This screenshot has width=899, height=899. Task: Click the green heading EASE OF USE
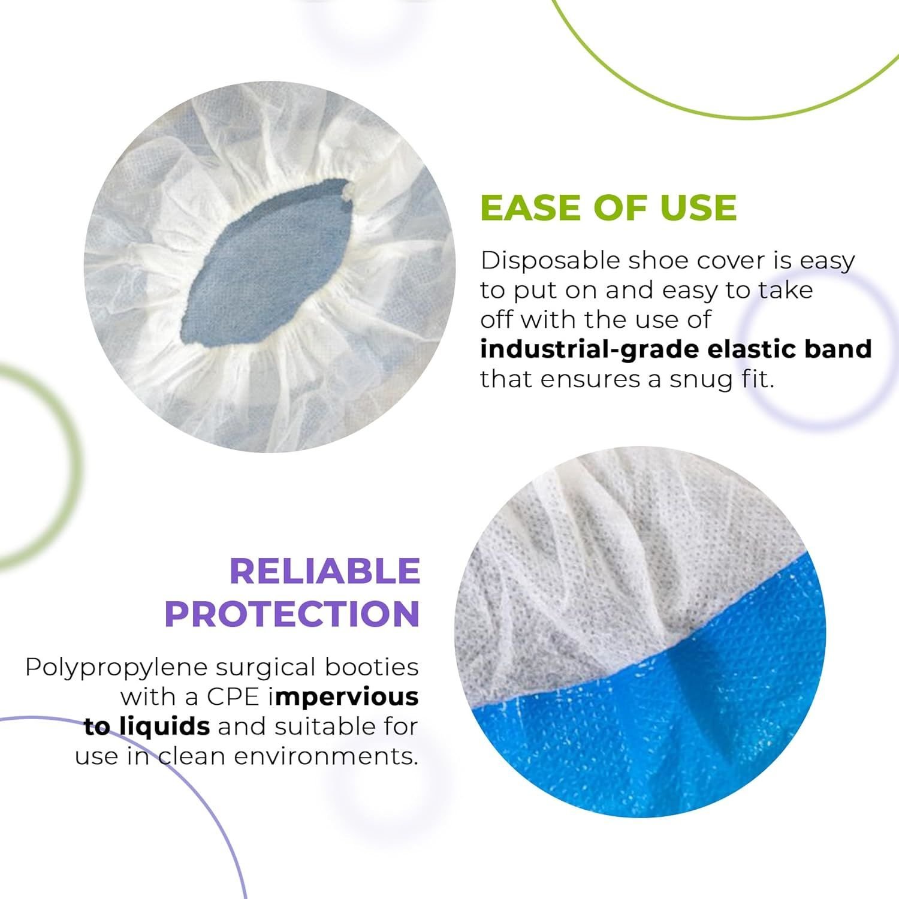pos(608,207)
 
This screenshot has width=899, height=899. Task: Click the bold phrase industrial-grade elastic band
pos(676,349)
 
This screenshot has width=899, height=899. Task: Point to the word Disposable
pos(551,261)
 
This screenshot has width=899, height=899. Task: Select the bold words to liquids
pos(147,726)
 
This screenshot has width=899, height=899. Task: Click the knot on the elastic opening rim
pos(349,192)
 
